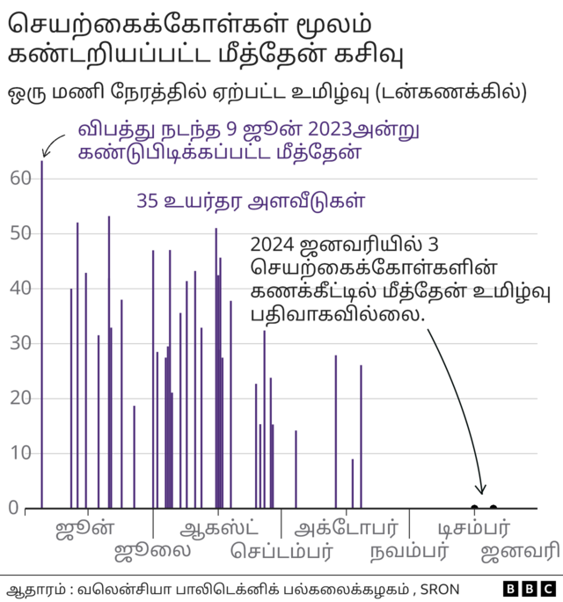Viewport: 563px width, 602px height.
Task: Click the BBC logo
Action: (529, 588)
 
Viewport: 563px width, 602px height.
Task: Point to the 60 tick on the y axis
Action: (20, 179)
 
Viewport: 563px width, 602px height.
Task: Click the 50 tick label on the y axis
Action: (20, 234)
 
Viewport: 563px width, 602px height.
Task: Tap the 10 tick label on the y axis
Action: (20, 454)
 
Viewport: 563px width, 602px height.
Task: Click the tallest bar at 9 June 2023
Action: (41, 334)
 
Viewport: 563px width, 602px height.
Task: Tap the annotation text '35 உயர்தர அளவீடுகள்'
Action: (251, 201)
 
